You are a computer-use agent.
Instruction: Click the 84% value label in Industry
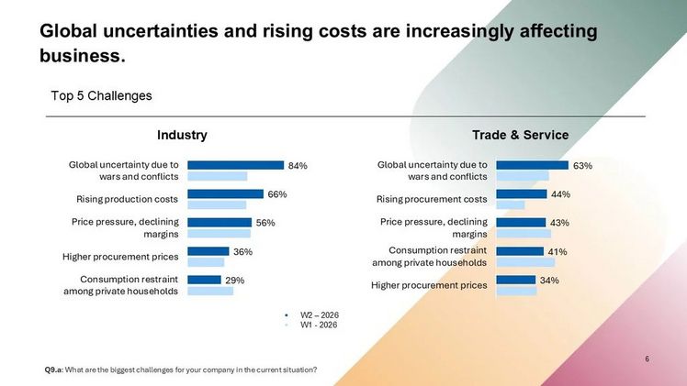click(x=298, y=166)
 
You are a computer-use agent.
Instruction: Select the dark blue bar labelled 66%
click(x=226, y=193)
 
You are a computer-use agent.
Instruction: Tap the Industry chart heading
click(x=182, y=135)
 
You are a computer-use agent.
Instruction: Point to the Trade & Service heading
click(x=521, y=135)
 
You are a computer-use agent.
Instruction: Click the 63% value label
click(x=582, y=166)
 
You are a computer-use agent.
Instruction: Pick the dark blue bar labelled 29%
click(x=204, y=280)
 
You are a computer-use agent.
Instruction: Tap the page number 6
click(x=648, y=358)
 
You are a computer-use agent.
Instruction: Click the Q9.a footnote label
click(x=54, y=369)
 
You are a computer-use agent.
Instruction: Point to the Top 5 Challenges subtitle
click(x=101, y=95)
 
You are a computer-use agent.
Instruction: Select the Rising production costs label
click(x=127, y=199)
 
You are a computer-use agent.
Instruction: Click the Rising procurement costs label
click(x=432, y=199)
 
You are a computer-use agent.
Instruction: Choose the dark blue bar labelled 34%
click(x=516, y=280)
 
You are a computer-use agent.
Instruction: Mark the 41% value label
click(x=557, y=252)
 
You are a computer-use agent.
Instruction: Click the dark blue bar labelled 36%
click(x=208, y=251)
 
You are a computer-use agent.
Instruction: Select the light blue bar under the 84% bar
click(x=218, y=176)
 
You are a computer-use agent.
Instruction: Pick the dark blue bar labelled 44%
click(x=522, y=193)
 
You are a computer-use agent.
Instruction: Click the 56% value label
click(x=265, y=223)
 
